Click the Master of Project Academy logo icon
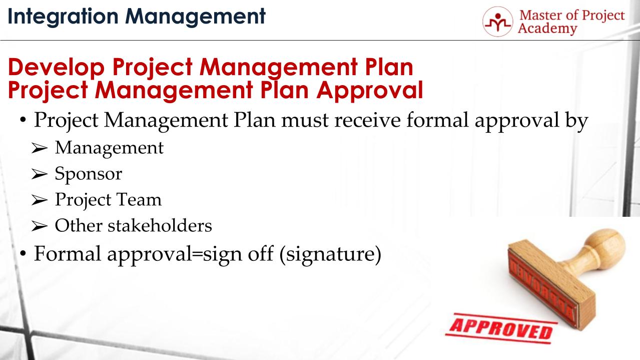(498, 22)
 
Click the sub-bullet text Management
(109, 148)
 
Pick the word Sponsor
(88, 174)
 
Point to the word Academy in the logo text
(547, 29)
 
